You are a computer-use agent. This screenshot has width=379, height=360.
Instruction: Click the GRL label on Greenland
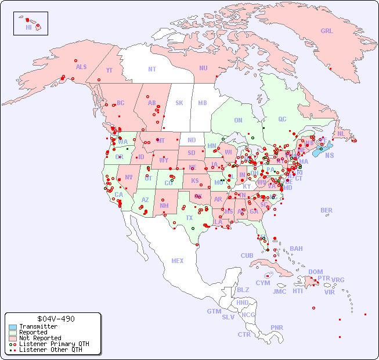(327, 31)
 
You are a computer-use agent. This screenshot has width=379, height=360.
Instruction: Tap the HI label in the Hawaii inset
(28, 27)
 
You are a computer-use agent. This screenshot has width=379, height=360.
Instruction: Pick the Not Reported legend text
(39, 338)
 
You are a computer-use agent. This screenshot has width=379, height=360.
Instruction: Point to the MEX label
(178, 261)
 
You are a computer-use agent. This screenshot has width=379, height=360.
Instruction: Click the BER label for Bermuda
(326, 210)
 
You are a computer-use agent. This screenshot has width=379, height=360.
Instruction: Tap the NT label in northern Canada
(152, 69)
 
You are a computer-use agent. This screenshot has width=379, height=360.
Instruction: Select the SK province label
(179, 103)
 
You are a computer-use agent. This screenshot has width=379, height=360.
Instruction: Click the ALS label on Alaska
(81, 67)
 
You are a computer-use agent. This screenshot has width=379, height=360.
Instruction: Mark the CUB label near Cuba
(247, 255)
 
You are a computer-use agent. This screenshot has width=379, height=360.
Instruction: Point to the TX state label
(189, 218)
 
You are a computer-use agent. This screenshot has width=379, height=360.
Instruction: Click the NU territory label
(203, 68)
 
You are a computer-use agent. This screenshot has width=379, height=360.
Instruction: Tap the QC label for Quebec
(282, 119)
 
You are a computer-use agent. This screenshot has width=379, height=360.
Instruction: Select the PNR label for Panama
(277, 327)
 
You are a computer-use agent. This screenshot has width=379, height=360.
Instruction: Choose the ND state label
(192, 140)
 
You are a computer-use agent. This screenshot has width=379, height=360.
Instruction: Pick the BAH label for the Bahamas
(296, 249)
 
